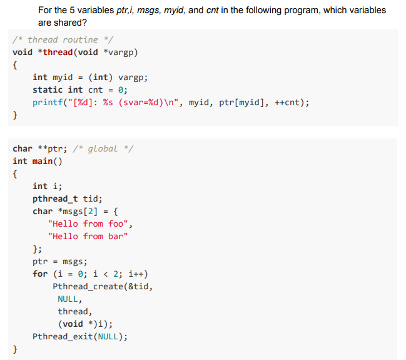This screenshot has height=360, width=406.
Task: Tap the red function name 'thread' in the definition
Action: [58, 52]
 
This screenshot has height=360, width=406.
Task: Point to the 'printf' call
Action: [48, 102]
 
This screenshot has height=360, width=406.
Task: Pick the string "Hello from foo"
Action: [89, 224]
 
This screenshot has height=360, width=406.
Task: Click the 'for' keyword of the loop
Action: [40, 274]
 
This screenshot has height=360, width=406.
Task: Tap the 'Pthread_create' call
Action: [88, 286]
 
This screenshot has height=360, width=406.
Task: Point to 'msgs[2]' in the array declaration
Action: [78, 211]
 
